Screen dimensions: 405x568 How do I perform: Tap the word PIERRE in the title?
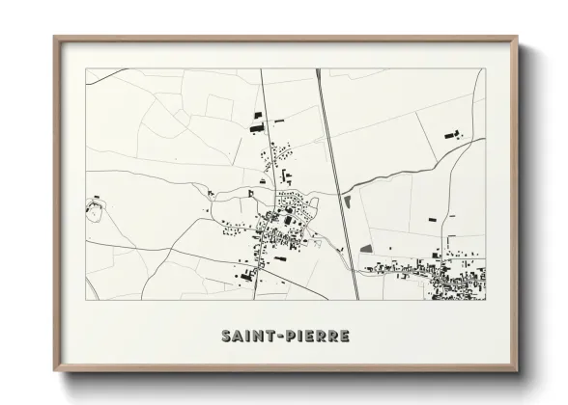coord(318,337)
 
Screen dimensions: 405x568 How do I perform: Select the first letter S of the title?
coord(226,337)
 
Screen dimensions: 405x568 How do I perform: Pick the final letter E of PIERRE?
coord(346,337)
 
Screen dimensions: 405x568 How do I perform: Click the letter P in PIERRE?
coord(293,337)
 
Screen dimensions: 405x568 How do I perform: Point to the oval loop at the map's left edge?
coord(94,205)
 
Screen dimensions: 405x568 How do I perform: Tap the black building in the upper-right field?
coord(449,135)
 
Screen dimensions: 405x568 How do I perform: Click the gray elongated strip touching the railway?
coord(347,202)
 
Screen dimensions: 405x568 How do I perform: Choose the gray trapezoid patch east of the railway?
coord(367,249)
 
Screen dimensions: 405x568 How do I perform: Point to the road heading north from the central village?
coord(265,116)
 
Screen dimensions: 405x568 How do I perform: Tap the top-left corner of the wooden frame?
coord(55,39)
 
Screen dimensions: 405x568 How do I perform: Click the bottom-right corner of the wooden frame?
coord(516,370)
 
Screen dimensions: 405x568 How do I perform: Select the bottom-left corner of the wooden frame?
coord(55,370)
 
